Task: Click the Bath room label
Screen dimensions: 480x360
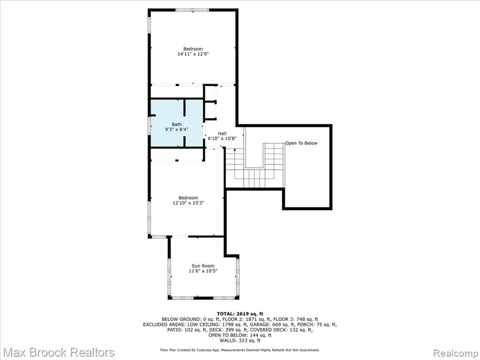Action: pyautogui.click(x=177, y=124)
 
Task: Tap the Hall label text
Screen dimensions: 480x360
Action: pyautogui.click(x=222, y=134)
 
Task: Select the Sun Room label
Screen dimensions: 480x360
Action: pyautogui.click(x=203, y=266)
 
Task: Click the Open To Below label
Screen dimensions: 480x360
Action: pyautogui.click(x=301, y=143)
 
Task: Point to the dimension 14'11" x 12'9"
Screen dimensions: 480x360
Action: pyautogui.click(x=193, y=54)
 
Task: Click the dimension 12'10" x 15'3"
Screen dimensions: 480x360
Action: pyautogui.click(x=188, y=202)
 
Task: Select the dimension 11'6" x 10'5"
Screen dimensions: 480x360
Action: pyautogui.click(x=203, y=271)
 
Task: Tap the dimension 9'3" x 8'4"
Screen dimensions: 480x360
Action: pyautogui.click(x=177, y=129)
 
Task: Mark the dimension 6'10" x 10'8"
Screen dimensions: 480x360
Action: pyautogui.click(x=222, y=139)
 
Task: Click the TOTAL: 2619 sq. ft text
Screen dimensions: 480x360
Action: pyautogui.click(x=240, y=314)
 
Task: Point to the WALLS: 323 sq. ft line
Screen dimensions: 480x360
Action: pyautogui.click(x=240, y=340)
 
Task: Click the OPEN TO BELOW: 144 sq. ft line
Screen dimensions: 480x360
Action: pyautogui.click(x=240, y=335)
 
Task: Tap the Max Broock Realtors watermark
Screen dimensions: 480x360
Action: pyautogui.click(x=59, y=352)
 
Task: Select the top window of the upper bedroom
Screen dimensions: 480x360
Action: pyautogui.click(x=192, y=10)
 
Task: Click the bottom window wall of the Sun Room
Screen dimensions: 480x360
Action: pyautogui.click(x=203, y=298)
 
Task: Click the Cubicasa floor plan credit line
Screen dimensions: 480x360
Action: pyautogui.click(x=240, y=350)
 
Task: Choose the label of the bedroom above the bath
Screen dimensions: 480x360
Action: pyautogui.click(x=193, y=49)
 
